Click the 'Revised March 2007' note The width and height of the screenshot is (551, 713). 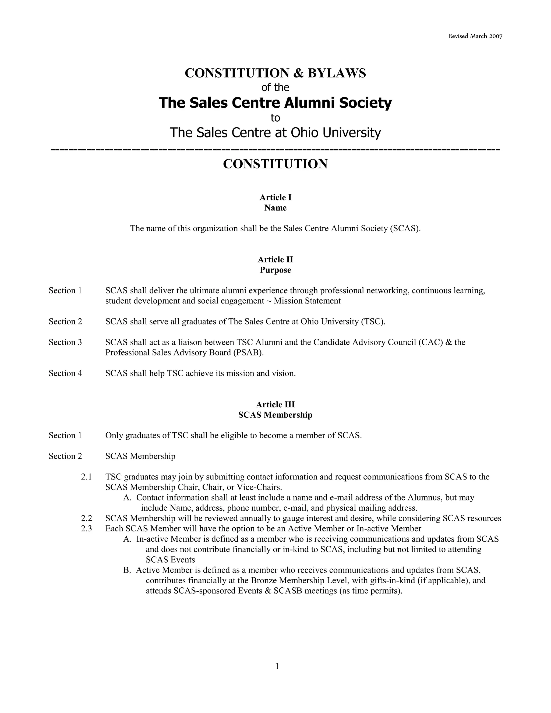pos(475,36)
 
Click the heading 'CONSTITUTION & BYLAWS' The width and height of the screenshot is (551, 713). pos(275,73)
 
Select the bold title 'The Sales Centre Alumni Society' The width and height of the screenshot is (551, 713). pos(275,103)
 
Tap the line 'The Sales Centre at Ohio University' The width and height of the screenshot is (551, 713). pos(275,133)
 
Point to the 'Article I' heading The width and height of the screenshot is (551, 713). pos(275,197)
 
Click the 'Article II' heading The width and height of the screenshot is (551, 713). pos(275,260)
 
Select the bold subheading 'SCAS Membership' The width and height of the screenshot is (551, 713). pos(275,415)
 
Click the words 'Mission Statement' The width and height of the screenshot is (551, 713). pos(307,301)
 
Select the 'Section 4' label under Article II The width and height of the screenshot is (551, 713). pos(65,373)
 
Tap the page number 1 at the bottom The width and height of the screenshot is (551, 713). pos(277,666)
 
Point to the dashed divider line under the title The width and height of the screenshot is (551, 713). pos(275,149)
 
